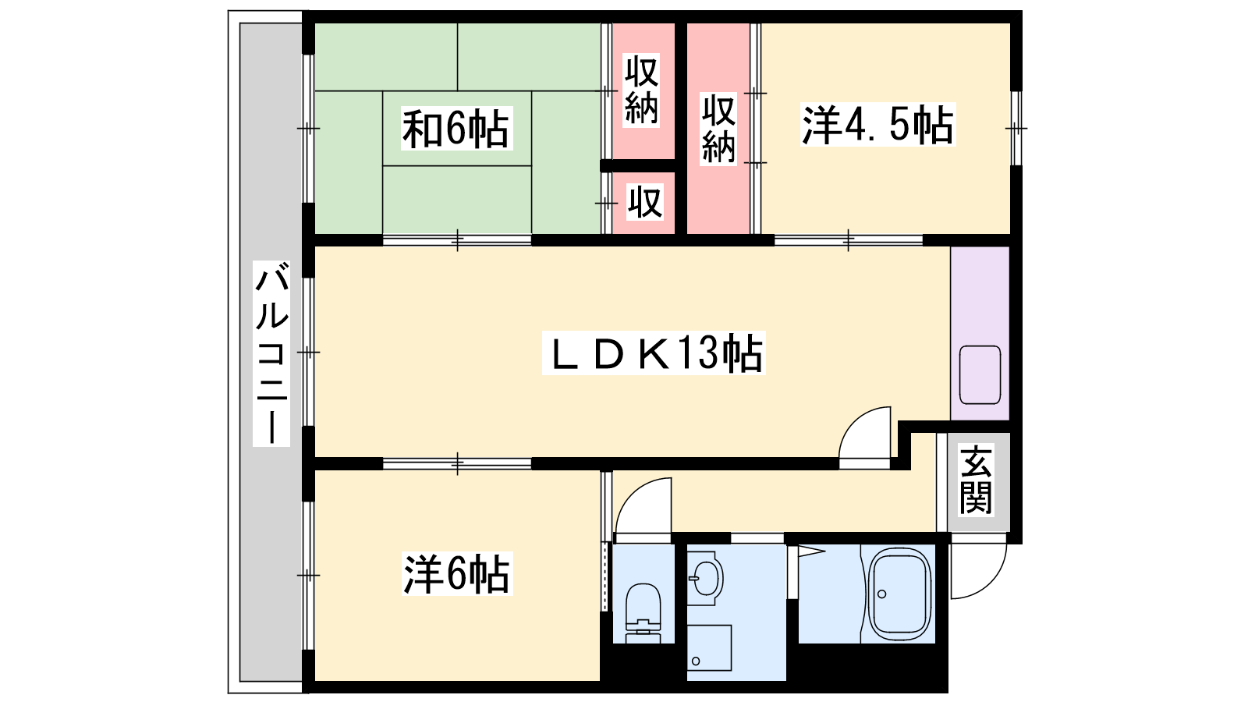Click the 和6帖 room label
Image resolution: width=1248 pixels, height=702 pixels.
coord(456,129)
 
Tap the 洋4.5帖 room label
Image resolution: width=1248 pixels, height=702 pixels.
coord(878,125)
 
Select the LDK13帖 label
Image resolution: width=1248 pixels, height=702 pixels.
coord(654,353)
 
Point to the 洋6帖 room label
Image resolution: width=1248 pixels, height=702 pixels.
coord(457,574)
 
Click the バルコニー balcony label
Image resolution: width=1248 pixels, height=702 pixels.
coord(271,353)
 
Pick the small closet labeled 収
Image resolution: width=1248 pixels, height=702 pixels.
coord(644,202)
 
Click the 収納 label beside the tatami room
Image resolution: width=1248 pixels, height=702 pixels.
coord(641,90)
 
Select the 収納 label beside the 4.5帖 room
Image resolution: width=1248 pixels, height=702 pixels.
coord(718,129)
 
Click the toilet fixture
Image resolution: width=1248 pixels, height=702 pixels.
coord(643,613)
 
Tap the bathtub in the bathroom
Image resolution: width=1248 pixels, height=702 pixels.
coord(899,594)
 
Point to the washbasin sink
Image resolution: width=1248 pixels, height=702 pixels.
coord(705,578)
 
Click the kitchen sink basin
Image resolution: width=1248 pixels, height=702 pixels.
coord(980,375)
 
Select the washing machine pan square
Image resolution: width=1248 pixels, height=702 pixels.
coord(709,647)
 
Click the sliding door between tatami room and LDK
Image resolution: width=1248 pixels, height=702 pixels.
coord(457,241)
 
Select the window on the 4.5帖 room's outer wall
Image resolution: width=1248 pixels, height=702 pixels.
coord(1016,128)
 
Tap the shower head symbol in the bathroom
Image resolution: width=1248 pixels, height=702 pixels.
coord(811,552)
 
